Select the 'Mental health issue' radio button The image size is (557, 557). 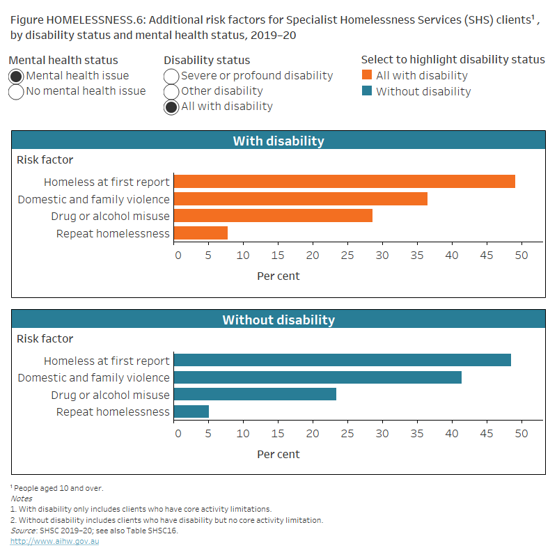17,76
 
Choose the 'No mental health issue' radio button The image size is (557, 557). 17,91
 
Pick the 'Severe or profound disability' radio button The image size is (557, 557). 171,76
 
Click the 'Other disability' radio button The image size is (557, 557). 171,91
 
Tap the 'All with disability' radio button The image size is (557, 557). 171,107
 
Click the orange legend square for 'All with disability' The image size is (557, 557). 367,76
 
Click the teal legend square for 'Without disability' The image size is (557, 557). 367,91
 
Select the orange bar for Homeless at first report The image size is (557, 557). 344,182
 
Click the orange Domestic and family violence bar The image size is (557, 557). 300,198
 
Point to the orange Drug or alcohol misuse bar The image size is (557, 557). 273,216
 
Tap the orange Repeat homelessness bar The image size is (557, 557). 201,233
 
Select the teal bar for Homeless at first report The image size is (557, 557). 342,360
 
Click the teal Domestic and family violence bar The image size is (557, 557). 317,377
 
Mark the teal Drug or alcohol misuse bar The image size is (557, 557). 255,394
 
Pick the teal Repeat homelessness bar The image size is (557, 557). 191,411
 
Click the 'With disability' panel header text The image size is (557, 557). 278,141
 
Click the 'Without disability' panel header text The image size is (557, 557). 278,320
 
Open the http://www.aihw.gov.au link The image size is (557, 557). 54,542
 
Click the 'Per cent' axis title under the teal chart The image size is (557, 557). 278,454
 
